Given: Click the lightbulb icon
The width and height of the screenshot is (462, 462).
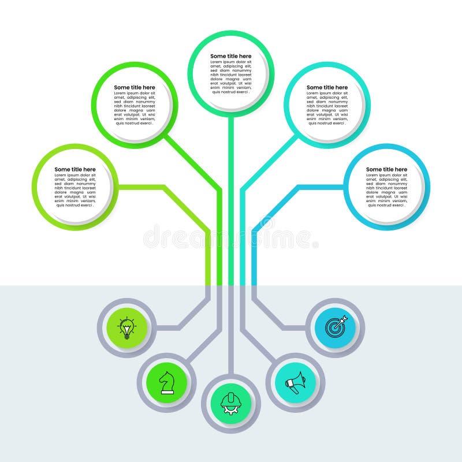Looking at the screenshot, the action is point(126,327).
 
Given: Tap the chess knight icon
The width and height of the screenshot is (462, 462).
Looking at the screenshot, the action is point(167,382).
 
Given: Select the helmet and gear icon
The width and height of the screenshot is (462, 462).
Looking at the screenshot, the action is point(230,403).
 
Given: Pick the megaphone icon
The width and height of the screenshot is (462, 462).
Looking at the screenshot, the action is point(295,382).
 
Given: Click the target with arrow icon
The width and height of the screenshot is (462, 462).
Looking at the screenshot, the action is point(336,327).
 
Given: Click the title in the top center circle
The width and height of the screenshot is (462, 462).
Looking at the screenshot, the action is point(230,56).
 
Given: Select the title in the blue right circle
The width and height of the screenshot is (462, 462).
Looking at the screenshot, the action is point(386,169).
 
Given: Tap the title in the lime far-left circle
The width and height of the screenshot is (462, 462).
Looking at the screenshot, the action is point(75,169).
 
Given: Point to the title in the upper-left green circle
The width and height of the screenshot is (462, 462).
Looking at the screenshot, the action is point(135,87).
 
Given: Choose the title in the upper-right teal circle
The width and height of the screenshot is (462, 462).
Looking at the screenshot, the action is point(327,87).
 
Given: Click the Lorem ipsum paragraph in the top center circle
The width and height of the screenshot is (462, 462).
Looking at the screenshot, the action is point(230,77).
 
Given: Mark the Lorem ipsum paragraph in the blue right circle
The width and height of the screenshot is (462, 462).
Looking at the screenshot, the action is point(386,190).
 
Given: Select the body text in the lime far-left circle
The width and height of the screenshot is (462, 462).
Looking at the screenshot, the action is point(75,190).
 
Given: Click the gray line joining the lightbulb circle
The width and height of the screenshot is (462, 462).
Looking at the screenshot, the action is point(167,328).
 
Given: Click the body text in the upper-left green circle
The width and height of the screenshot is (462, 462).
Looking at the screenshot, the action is point(135,108).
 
